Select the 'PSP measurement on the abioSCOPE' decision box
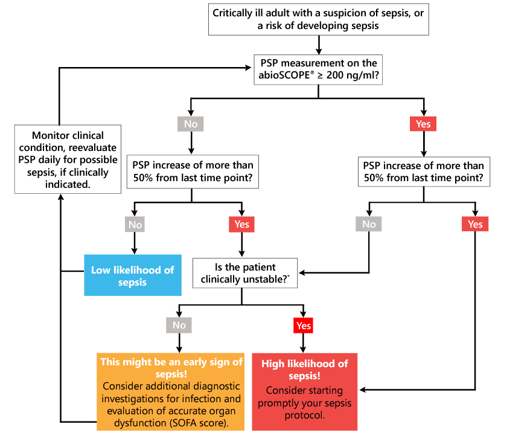pos(318,69)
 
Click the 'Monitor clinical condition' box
pos(59,159)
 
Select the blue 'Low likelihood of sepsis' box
pos(133,276)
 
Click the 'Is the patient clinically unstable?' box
pos(244,273)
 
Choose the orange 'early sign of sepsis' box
pos(171,391)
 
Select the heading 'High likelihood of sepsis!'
pos(304,370)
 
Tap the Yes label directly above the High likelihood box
pos(304,325)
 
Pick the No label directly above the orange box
pos(179,325)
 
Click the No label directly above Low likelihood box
pos(135,225)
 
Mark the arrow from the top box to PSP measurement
pos(318,43)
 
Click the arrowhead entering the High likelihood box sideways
pos(362,389)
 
